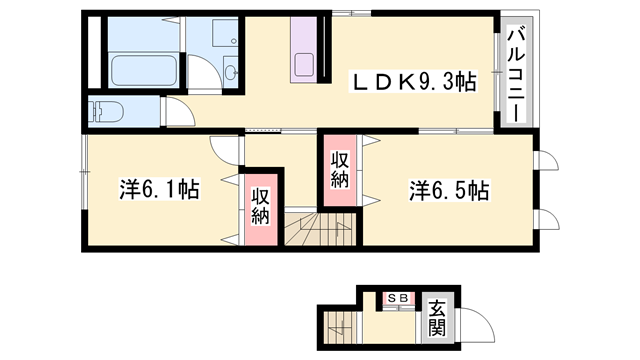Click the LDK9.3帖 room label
(411, 83)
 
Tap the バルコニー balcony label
(515, 75)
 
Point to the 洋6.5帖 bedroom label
(448, 189)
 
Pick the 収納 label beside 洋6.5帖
(340, 169)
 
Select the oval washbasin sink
(231, 71)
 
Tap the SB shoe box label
(397, 298)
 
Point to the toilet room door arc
(177, 113)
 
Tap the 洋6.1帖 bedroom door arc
(226, 148)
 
